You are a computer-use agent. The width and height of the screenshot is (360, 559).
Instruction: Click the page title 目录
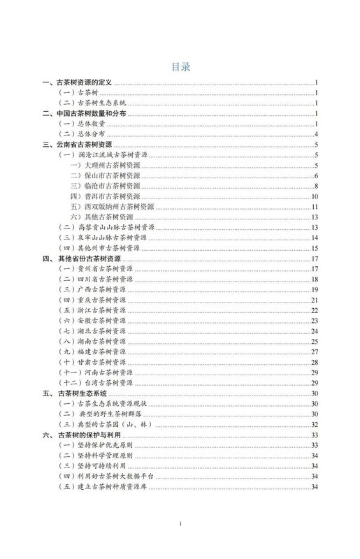180,67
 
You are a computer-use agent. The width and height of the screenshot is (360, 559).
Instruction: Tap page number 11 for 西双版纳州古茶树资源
315,207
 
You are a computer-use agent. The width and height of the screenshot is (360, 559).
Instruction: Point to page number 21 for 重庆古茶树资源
315,300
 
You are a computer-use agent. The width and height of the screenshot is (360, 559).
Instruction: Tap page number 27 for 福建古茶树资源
315,351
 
